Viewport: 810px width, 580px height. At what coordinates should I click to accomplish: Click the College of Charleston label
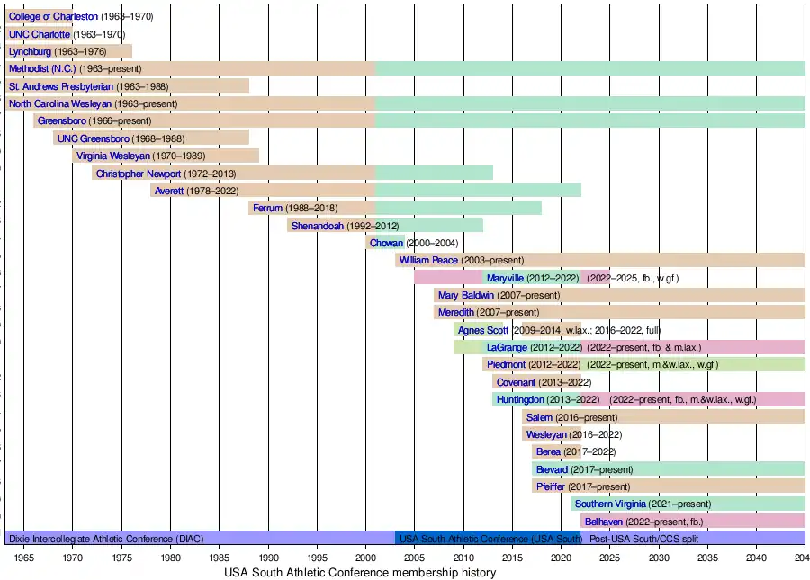point(53,17)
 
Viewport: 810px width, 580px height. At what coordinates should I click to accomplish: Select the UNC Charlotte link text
point(39,34)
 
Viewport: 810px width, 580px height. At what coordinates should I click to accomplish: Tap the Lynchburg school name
point(31,51)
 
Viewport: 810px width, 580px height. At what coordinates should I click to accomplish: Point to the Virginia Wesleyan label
point(112,156)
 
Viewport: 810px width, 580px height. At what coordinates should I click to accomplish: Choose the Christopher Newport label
point(139,174)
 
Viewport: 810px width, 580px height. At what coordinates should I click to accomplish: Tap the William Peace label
point(429,260)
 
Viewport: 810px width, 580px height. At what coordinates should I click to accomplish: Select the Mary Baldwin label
point(463,295)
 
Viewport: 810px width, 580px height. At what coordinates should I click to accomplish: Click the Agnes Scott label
point(483,330)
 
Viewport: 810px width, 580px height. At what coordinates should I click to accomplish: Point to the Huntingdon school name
point(521,399)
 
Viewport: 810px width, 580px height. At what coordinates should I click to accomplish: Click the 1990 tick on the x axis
point(268,558)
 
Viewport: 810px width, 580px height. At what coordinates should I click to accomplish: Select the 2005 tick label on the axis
point(415,558)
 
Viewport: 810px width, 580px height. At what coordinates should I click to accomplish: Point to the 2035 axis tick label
point(707,558)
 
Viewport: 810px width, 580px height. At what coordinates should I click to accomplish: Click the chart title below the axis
point(359,573)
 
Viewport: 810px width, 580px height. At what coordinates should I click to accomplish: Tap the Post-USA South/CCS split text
point(643,539)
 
